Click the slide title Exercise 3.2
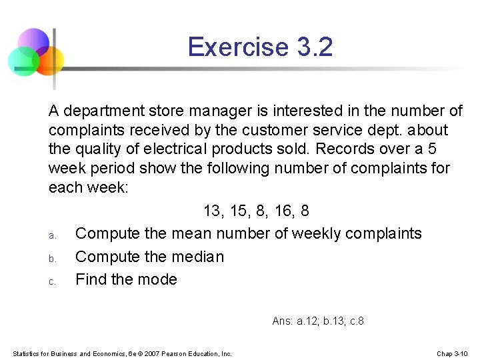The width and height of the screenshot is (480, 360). point(260,47)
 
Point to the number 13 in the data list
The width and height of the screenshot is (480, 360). point(213,211)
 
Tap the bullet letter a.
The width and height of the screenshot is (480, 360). point(51,235)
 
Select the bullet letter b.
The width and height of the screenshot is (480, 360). point(51,258)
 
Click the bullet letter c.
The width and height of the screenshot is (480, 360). point(51,281)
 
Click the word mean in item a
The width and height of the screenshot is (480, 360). point(189,234)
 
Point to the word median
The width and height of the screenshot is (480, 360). point(198,257)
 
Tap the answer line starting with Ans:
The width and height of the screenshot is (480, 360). point(318,321)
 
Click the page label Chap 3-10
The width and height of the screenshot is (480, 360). point(453,353)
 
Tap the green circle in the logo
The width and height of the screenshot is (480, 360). point(23,61)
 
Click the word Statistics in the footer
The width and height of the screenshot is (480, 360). point(27,353)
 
